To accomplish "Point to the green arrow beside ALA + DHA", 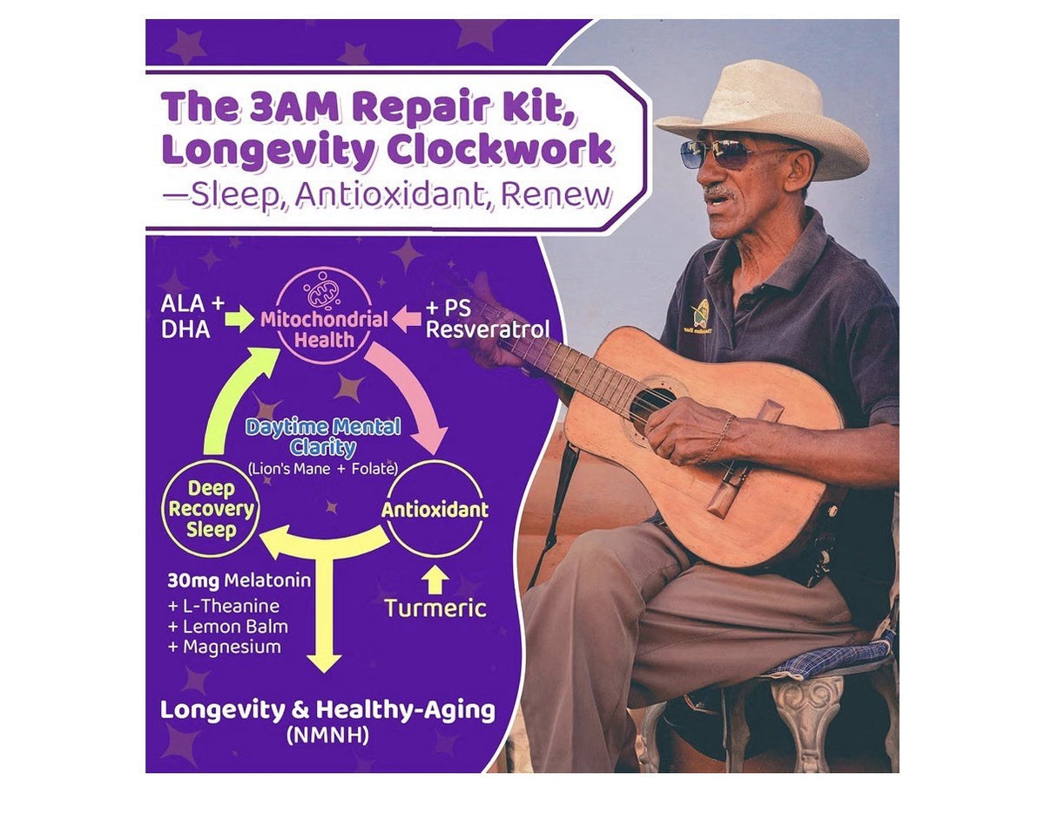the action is tap(239, 319).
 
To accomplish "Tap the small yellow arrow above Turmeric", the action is tap(435, 580).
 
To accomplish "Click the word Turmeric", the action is tap(435, 608).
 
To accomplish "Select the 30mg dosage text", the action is tap(193, 581).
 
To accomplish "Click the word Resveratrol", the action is tap(488, 329).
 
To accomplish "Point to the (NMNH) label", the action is tap(327, 736).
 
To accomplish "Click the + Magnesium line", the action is tap(224, 647).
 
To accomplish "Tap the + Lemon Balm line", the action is tap(228, 627).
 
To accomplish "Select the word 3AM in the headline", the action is tap(294, 107).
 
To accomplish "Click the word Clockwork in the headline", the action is tap(500, 150).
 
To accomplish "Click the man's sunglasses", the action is tap(726, 154).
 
